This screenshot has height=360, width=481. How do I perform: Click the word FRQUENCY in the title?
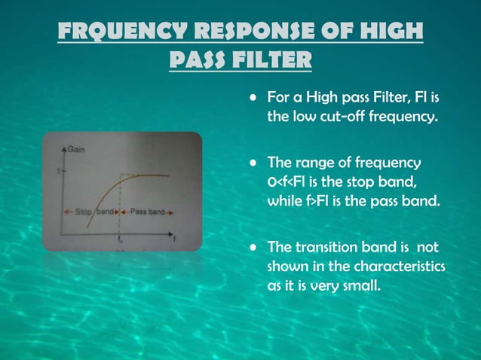coord(121,33)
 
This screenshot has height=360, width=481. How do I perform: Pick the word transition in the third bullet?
coord(323,247)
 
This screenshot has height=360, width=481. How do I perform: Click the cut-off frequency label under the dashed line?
coord(121,241)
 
